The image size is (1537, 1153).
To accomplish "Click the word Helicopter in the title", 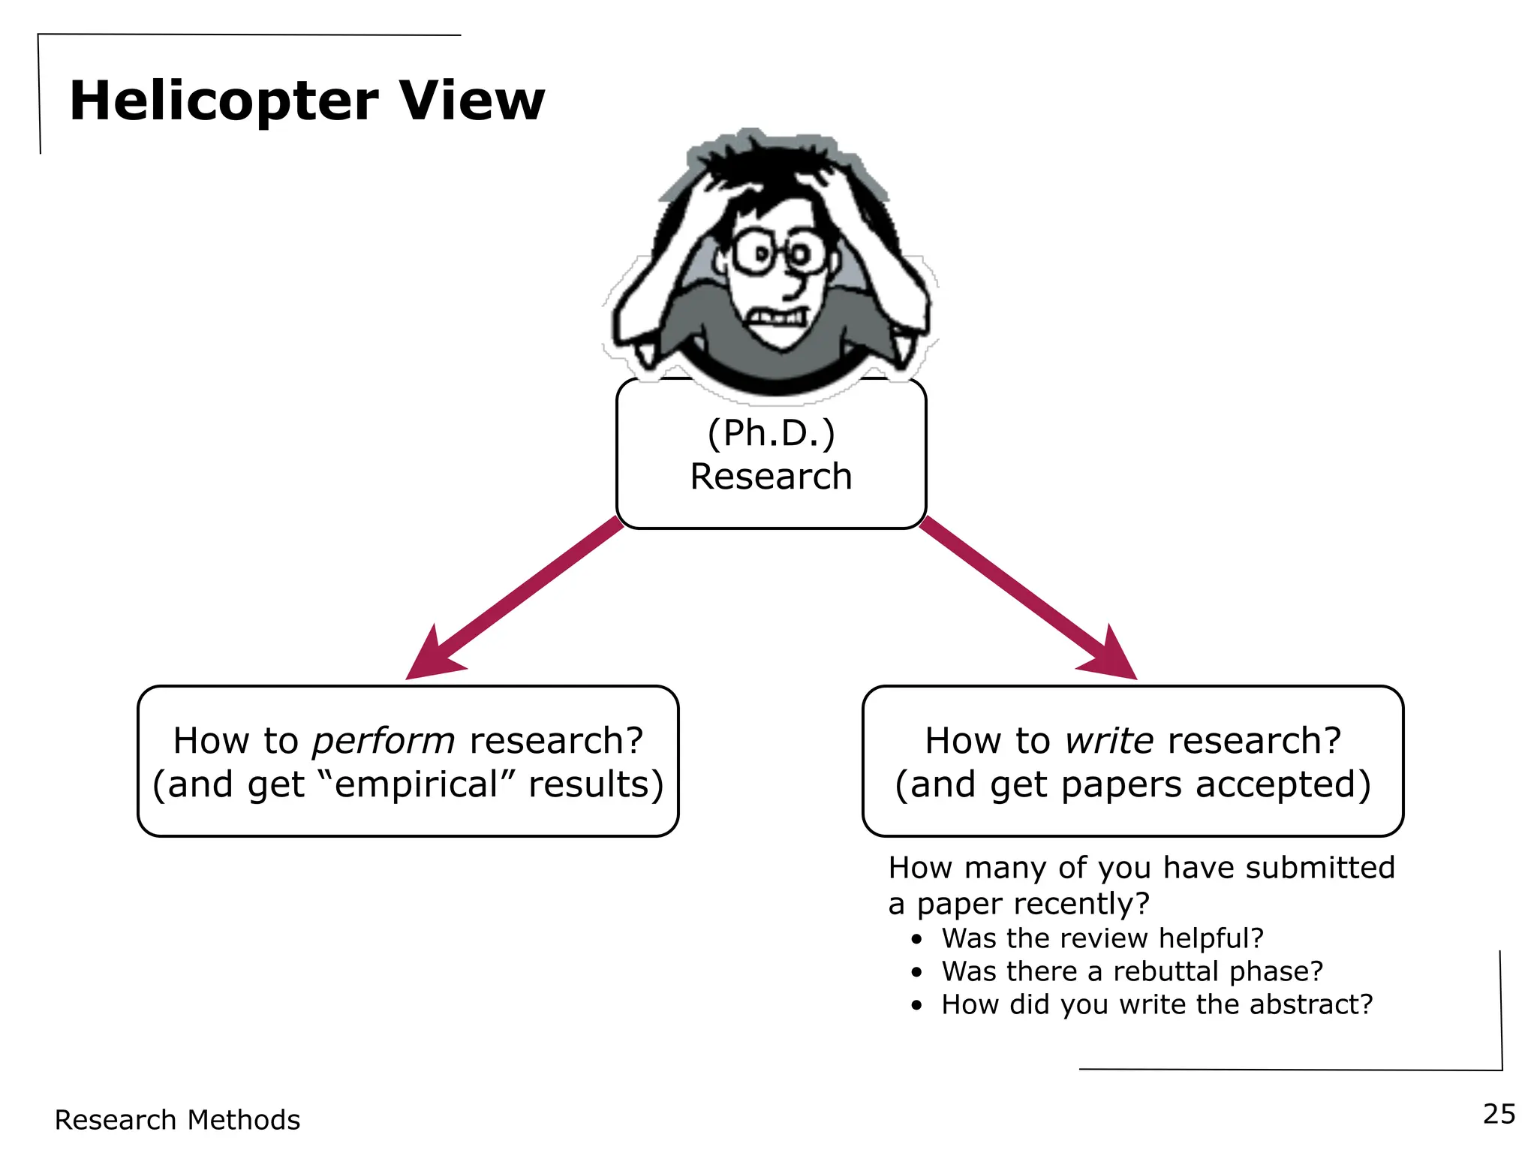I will (224, 101).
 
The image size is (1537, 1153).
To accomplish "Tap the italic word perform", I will (383, 742).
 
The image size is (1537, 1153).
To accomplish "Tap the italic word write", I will (1109, 742).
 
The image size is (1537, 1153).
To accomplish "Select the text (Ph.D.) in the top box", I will (771, 433).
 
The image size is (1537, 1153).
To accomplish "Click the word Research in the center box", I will (771, 477).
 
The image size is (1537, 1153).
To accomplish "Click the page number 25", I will (1499, 1114).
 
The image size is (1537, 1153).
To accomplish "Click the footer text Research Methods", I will (177, 1120).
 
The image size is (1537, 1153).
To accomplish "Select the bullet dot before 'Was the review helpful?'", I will (916, 940).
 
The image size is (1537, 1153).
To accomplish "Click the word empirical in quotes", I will (417, 785).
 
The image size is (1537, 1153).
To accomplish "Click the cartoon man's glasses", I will (781, 253).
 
